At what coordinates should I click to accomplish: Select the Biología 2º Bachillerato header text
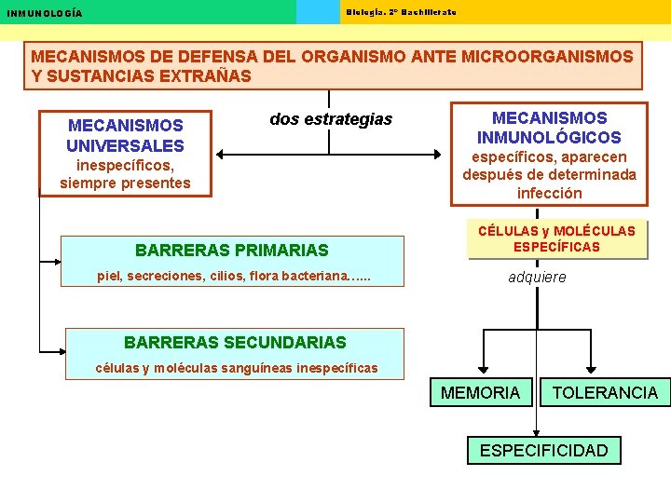(401, 11)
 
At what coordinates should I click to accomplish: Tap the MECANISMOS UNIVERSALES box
(125, 154)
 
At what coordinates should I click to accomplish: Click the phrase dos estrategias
(331, 119)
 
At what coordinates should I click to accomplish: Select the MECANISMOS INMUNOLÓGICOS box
(549, 154)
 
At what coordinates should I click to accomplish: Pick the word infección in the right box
(549, 194)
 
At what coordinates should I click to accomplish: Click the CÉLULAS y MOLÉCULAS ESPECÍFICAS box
(556, 238)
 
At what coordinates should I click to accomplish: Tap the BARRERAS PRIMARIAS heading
(232, 250)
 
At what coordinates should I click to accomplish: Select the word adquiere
(537, 277)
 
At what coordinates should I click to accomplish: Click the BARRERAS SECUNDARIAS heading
(235, 343)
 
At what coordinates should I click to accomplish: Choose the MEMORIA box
(480, 393)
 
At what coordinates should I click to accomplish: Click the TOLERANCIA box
(605, 393)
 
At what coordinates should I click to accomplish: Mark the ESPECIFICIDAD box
(543, 451)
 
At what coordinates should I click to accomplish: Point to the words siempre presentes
(125, 184)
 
